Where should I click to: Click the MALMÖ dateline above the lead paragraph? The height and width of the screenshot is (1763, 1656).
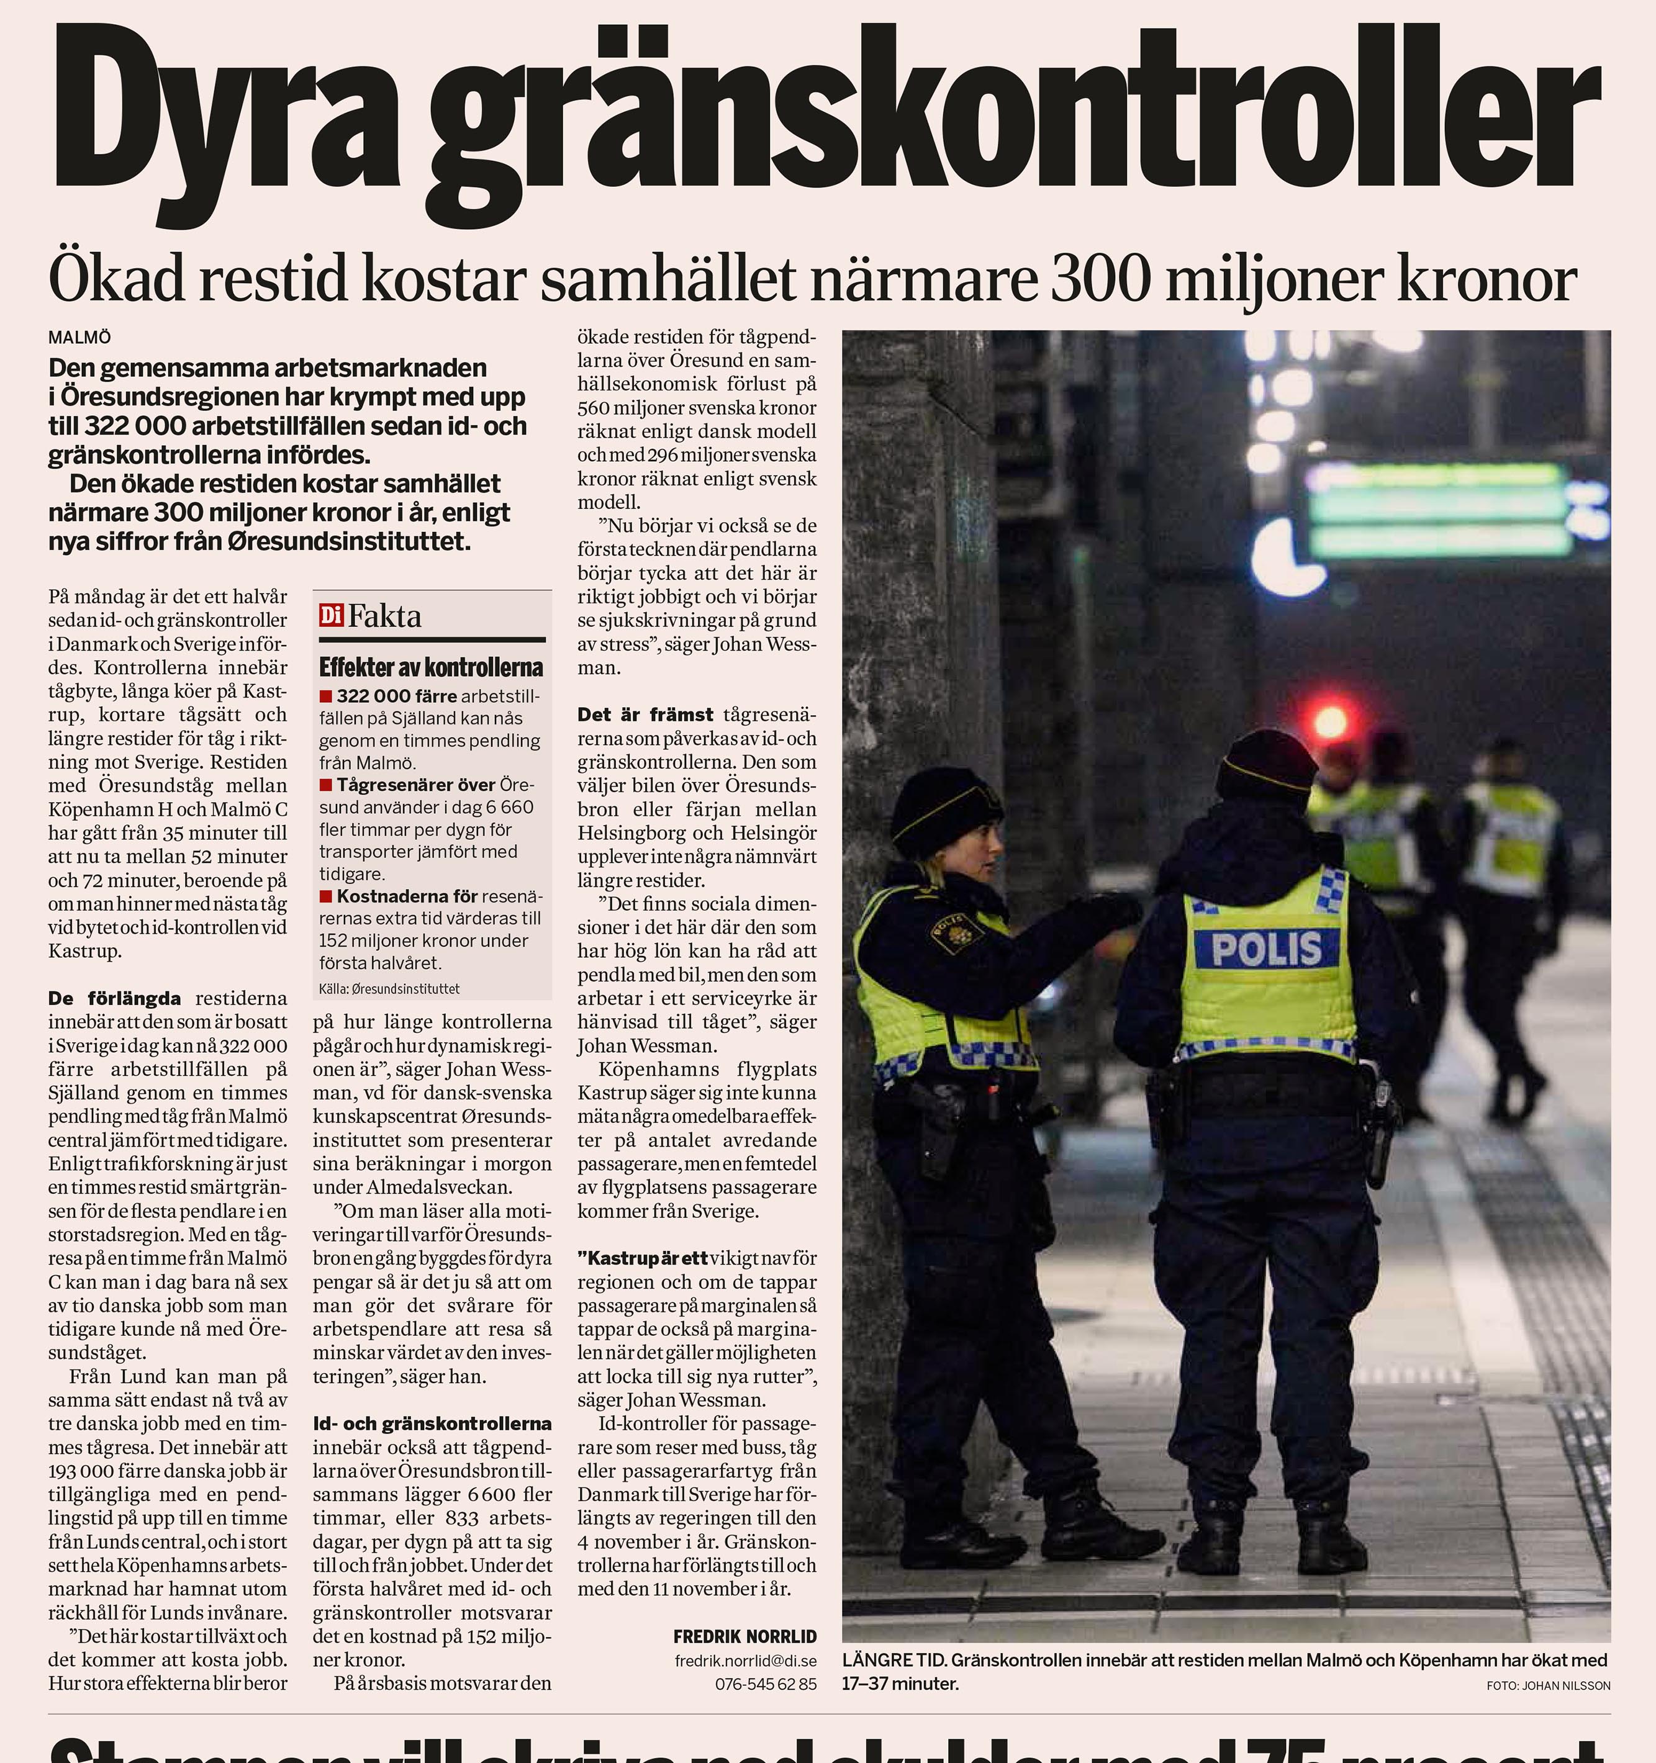coord(80,338)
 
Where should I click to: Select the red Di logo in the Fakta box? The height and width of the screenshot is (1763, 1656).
coord(331,615)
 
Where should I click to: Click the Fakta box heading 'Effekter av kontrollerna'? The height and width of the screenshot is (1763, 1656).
coord(431,667)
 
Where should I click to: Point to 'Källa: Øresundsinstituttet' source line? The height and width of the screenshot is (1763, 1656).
coord(389,988)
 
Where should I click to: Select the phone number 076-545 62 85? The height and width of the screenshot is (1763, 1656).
coord(766,1683)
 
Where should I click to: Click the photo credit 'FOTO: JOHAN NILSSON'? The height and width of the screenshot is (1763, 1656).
coord(1548,1685)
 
